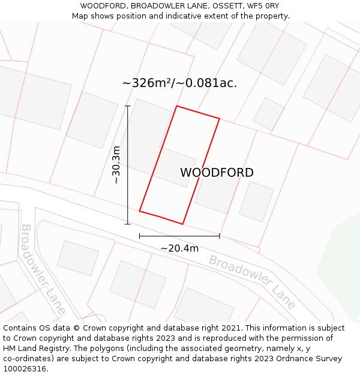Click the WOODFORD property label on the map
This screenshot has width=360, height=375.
tap(217, 173)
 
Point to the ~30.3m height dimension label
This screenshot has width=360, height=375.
tap(116, 164)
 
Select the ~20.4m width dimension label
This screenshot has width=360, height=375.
tap(179, 248)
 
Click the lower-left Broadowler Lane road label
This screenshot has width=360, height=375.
tap(43, 269)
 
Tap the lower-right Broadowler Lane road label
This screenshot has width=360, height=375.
tap(252, 281)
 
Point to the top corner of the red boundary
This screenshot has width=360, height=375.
tap(176, 106)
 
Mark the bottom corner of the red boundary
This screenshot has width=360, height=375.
tap(182, 224)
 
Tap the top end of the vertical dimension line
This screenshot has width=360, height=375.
tap(127, 106)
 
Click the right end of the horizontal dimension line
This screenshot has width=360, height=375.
tap(220, 236)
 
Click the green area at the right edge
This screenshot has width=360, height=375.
tap(342, 264)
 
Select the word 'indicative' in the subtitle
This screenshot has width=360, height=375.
tap(184, 16)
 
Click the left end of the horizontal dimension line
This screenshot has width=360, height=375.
tap(139, 236)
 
